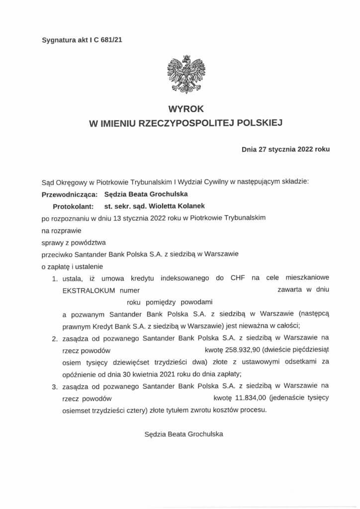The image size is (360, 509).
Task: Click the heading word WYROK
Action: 182,108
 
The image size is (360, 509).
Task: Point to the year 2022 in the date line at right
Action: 305,149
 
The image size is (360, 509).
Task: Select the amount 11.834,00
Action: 231,398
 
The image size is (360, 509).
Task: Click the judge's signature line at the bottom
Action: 183,434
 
